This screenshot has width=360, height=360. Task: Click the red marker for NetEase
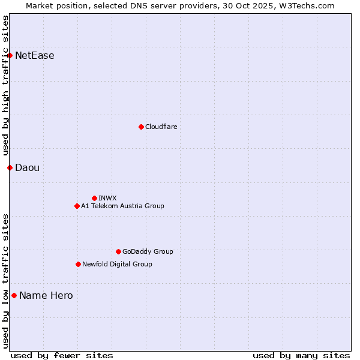point(10,56)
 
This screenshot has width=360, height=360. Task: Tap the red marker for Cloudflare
point(141,127)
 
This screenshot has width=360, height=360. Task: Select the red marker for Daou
point(10,167)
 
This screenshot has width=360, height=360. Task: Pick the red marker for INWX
point(94,198)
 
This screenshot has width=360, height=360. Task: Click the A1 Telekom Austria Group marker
point(77,206)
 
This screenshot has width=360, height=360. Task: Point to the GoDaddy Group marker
point(118,251)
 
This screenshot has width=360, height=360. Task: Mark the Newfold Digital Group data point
point(78,264)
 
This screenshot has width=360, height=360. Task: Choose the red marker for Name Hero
point(14,295)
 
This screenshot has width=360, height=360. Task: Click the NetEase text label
point(35,56)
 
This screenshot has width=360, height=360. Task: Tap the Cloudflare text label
point(161,127)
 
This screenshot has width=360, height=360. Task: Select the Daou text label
point(27,167)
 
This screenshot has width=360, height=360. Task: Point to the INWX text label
point(107,198)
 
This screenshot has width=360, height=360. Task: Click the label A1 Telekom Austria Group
point(122,206)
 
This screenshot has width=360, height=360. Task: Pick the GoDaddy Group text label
point(148,251)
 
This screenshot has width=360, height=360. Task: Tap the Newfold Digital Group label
point(117,264)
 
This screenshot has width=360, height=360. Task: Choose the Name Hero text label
point(46,295)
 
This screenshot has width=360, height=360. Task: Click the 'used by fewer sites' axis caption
point(62,355)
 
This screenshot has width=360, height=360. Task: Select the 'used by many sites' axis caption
point(301,355)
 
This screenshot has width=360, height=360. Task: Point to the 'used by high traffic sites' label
point(6,85)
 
